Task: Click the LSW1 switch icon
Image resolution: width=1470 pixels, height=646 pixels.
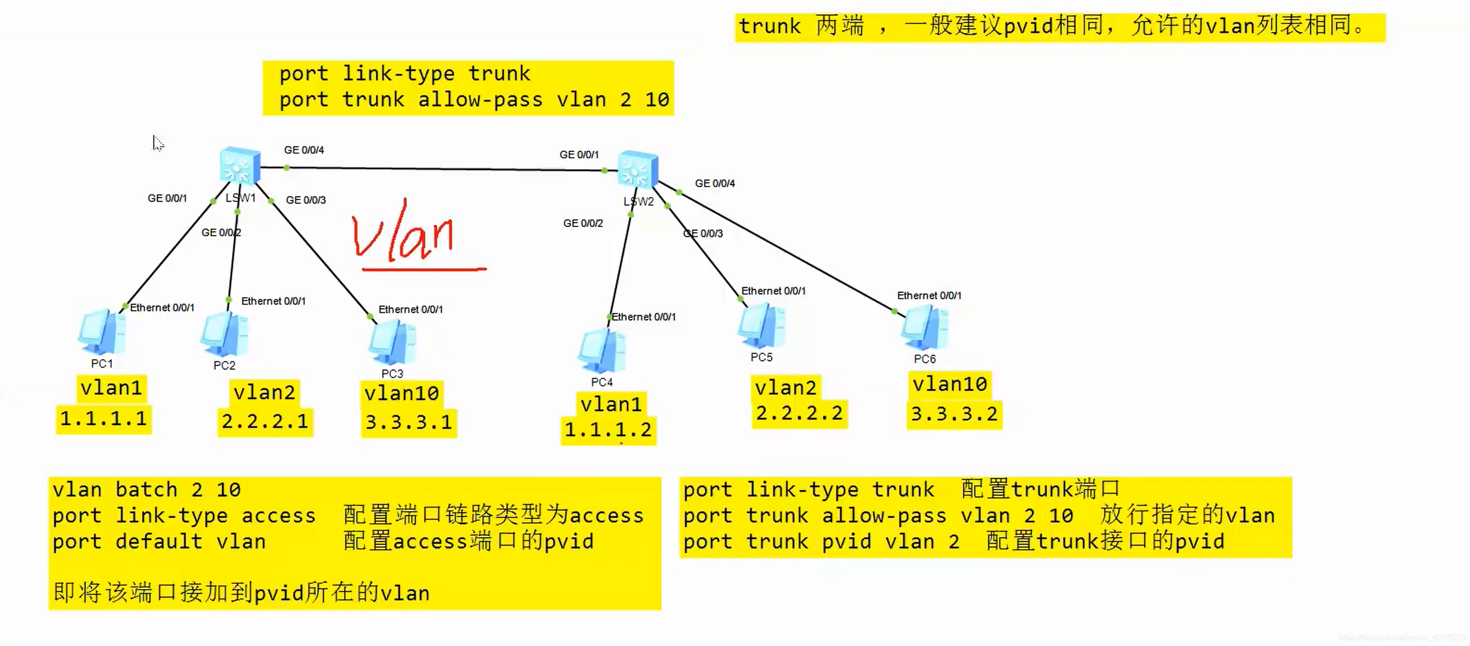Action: (240, 165)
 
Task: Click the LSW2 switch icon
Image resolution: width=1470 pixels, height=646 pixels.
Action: (638, 169)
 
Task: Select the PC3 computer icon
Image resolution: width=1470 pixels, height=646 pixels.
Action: (392, 342)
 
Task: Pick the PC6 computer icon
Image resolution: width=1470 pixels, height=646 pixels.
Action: (924, 329)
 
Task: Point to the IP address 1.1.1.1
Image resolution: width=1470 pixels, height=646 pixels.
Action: (104, 419)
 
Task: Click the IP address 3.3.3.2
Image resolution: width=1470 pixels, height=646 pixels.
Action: (954, 414)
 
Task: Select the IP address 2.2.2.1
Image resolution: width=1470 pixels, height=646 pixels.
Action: (265, 422)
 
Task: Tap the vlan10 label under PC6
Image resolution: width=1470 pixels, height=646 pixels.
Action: (950, 385)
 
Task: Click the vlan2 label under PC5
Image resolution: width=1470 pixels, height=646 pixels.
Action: (786, 388)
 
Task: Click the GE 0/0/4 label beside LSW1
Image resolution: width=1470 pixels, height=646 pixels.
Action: (304, 150)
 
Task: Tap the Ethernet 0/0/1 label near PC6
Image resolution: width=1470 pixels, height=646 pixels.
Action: (929, 295)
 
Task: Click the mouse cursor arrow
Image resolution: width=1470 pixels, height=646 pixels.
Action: (157, 143)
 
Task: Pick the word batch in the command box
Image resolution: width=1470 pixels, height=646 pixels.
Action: (146, 490)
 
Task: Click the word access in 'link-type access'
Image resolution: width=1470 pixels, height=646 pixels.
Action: (278, 515)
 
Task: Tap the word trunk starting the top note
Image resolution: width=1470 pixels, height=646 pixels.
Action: (770, 26)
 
